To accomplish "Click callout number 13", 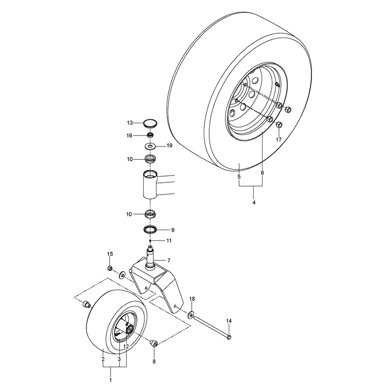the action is coord(130,123).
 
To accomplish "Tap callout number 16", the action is coord(129,135).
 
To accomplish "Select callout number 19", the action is coord(169,145).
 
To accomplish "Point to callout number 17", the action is coord(279,140).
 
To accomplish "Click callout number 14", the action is coord(229,321).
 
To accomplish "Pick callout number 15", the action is coord(110,254).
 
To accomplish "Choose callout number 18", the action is coord(192,299).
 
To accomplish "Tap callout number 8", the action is coord(154,361).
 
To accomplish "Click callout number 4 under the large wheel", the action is coord(254,202).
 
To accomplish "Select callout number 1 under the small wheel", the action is coord(110,380).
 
